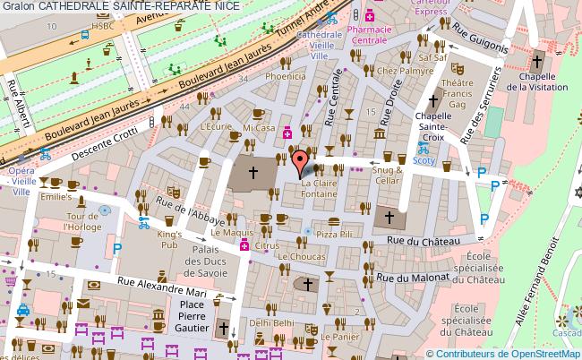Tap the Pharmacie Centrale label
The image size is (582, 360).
[x=369, y=34]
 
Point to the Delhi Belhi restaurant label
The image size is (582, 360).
[x=271, y=321]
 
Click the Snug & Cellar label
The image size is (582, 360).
[x=387, y=175]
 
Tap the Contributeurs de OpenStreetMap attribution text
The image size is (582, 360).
[x=507, y=353]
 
